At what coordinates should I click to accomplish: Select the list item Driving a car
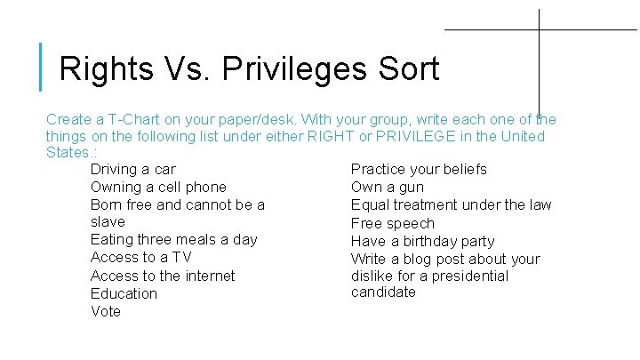point(133,169)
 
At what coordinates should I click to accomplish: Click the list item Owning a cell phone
point(158,187)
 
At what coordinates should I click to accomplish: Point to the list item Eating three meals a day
point(174,239)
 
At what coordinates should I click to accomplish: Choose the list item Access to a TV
point(140,257)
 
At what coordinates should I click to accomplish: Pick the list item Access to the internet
point(163,276)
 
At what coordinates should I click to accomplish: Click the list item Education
point(124,293)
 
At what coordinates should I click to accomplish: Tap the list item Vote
point(106,311)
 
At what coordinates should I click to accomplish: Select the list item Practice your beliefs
point(419,169)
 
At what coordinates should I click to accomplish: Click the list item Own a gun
point(388,187)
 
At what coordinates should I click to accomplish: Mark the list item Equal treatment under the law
point(451,204)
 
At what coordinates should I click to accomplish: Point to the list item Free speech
point(393,223)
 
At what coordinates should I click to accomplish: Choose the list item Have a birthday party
point(422,241)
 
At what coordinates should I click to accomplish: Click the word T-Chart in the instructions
point(128,119)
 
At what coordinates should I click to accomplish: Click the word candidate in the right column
point(383,292)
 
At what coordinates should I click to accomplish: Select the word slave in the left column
point(108,221)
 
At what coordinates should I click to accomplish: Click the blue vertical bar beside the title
point(42,67)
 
